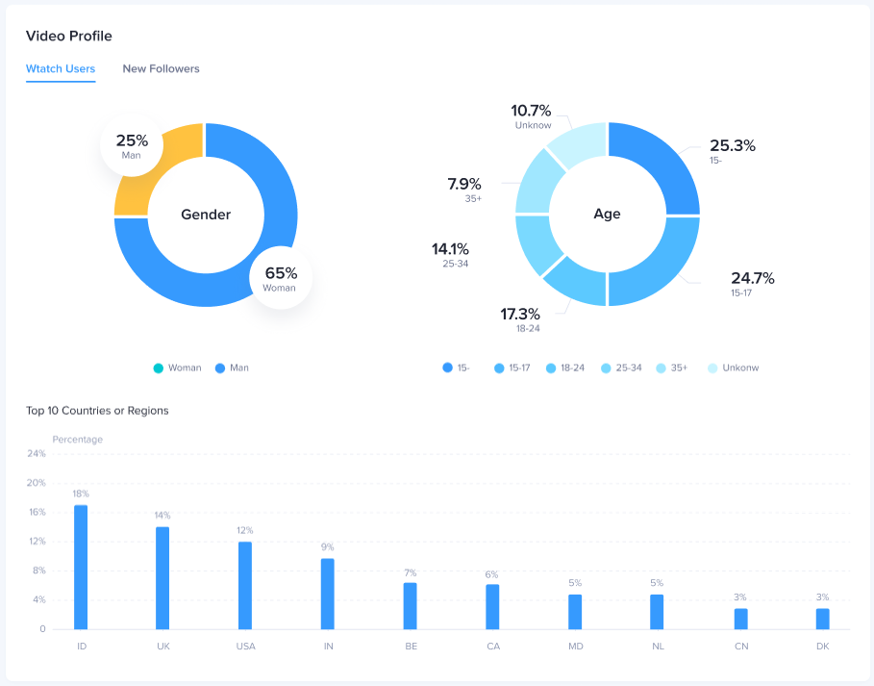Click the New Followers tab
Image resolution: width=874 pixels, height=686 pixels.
(x=161, y=69)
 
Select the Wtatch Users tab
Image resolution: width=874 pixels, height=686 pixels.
(x=61, y=69)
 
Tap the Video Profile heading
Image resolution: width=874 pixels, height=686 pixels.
(x=68, y=37)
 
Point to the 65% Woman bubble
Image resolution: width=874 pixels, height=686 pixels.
(x=281, y=278)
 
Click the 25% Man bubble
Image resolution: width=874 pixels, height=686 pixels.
(x=132, y=145)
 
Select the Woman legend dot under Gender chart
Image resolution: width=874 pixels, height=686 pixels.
(x=159, y=368)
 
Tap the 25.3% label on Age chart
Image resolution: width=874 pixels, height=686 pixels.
(x=733, y=146)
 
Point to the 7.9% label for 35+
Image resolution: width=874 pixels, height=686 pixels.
(x=464, y=184)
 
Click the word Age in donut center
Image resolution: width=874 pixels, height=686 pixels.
(x=607, y=215)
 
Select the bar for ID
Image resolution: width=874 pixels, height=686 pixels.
(x=81, y=567)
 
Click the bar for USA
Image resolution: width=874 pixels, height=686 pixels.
(x=245, y=585)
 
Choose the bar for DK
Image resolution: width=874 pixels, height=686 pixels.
(x=823, y=619)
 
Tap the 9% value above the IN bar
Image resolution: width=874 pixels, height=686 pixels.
(x=328, y=547)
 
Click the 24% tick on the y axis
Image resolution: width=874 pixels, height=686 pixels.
(x=37, y=453)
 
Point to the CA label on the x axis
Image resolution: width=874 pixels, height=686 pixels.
(x=492, y=646)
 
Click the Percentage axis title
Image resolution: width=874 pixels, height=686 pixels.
(x=77, y=440)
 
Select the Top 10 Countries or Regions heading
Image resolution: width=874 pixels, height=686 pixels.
(x=97, y=411)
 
